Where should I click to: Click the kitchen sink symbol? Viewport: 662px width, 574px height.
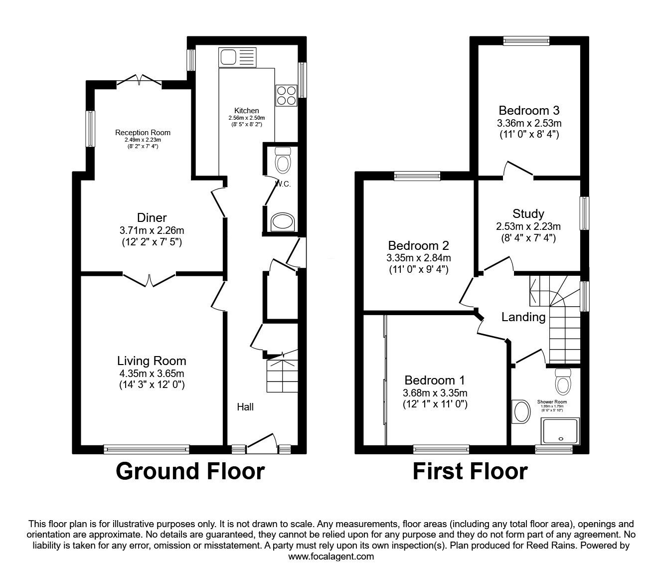237,57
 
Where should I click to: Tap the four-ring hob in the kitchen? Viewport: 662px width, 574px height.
286,95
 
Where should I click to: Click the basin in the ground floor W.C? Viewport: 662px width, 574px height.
283,222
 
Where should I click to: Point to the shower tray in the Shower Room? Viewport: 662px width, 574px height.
561,430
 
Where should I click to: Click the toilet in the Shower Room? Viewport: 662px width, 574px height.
563,383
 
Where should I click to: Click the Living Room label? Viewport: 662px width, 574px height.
152,361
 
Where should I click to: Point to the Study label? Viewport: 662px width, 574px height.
528,214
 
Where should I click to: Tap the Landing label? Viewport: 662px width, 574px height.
523,317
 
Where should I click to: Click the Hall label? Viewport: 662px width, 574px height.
245,407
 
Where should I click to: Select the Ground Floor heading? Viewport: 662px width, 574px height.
190,471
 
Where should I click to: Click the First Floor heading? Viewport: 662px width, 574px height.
470,471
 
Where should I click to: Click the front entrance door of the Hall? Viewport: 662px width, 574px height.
262,443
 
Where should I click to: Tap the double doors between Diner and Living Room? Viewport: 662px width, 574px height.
149,279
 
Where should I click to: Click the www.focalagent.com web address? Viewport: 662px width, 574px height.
331,557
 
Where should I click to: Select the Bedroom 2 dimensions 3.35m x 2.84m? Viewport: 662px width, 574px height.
418,258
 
